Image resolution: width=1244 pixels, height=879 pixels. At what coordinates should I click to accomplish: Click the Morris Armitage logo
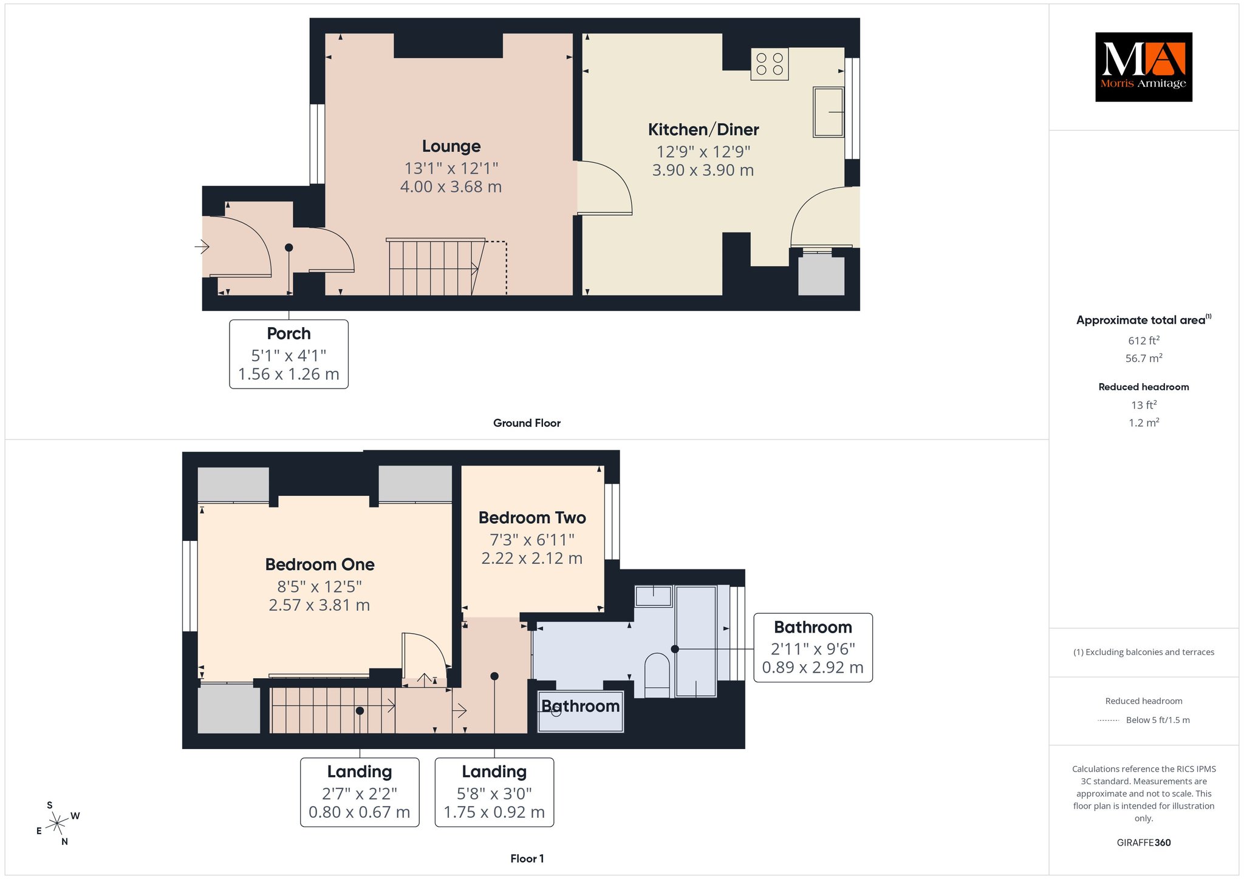tap(1143, 67)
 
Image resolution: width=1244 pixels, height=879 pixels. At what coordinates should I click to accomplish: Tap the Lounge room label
tap(451, 146)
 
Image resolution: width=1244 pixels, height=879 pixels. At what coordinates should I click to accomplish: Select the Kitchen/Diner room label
tap(703, 129)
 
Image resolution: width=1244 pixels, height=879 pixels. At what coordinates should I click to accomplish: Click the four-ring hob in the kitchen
tap(770, 64)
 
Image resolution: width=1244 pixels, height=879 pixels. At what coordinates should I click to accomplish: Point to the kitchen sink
tap(829, 112)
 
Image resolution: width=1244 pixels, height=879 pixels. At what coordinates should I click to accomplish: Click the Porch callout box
tap(289, 354)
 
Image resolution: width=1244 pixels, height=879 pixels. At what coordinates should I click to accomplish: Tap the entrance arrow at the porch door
tap(202, 246)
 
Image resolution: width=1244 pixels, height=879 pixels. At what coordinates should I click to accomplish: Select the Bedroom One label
tap(320, 565)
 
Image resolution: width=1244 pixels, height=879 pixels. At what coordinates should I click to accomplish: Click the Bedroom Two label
tap(532, 518)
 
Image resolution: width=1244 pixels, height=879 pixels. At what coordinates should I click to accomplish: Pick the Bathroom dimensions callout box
tap(813, 648)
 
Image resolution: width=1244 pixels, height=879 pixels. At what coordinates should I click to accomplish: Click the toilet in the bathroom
tap(657, 675)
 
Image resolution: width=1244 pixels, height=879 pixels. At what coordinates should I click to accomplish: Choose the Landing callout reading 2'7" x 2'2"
tap(360, 792)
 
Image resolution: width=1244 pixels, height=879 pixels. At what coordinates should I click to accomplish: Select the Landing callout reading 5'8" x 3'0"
tap(494, 792)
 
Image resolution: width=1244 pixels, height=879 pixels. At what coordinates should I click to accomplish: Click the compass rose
tap(57, 823)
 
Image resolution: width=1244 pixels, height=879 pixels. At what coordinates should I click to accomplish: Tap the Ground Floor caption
tap(527, 423)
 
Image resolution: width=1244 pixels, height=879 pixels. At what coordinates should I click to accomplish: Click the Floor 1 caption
tap(527, 858)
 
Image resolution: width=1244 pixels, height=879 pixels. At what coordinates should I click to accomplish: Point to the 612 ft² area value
tap(1144, 340)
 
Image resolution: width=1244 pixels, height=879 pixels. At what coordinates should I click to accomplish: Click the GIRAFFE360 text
tap(1144, 843)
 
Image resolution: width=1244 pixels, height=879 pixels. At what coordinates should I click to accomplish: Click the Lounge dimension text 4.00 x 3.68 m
tap(451, 186)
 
